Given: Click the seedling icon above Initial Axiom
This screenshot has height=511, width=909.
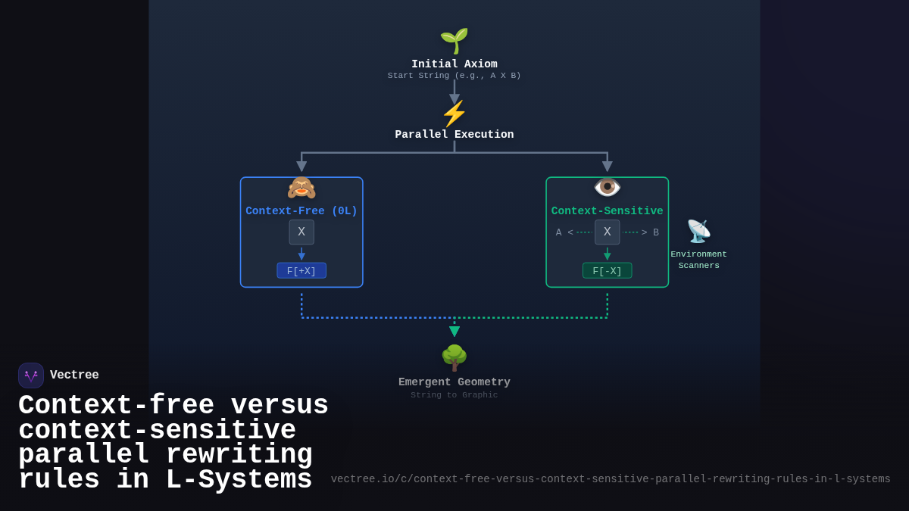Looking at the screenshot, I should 454,40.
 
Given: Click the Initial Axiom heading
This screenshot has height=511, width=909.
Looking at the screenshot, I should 454,64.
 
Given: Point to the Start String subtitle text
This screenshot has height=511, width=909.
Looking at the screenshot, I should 454,76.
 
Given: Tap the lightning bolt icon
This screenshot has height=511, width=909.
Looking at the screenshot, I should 454,114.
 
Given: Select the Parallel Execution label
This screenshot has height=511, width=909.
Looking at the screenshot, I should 454,135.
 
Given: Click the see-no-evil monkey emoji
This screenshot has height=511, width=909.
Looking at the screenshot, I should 301,188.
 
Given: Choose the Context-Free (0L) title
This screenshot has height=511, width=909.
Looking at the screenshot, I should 301,211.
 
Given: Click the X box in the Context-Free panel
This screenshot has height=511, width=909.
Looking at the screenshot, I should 301,232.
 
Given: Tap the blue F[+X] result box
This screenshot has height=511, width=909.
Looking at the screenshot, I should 301,271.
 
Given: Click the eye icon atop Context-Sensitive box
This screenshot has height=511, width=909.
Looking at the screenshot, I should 608,186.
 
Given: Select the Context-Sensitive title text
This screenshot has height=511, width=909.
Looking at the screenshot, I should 608,211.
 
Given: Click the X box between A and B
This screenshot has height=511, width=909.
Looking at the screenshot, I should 608,232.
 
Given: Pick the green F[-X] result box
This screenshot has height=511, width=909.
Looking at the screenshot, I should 608,271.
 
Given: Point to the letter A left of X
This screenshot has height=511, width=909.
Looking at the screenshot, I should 559,232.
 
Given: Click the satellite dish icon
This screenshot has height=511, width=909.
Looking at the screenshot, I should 698,231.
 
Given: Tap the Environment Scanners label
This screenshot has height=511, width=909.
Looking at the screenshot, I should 698,260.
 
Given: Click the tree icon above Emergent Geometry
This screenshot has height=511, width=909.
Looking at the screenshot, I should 454,358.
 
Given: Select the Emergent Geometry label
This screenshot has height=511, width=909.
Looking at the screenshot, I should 454,382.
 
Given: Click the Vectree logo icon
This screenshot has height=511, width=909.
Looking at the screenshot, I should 31,375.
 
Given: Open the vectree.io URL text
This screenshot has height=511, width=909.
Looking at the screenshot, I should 611,479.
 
